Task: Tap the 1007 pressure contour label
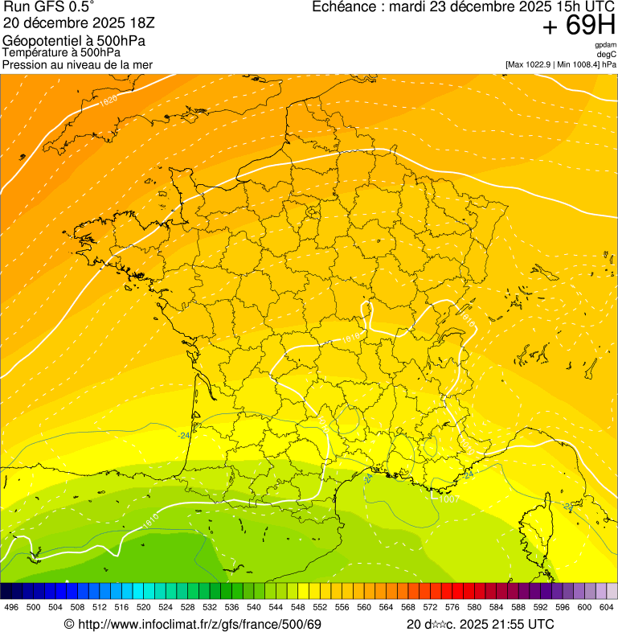448,499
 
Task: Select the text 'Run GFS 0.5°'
49,8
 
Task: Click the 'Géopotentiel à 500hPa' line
74,41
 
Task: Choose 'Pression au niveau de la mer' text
77,64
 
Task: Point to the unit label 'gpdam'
605,45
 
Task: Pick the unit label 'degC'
607,54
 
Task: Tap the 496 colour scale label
11,607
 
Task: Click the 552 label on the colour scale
319,607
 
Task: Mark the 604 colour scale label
606,607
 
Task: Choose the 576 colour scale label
452,607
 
